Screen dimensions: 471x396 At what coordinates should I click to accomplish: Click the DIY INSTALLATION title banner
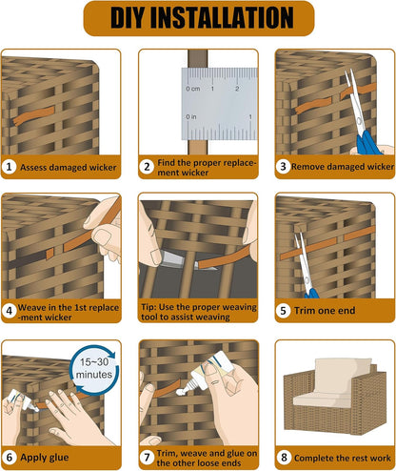pos(198,17)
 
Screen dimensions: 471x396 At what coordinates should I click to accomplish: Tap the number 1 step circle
pos(10,167)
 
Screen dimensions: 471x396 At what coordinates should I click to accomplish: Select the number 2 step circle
pos(147,167)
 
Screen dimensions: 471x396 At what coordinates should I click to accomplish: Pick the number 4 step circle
pos(10,310)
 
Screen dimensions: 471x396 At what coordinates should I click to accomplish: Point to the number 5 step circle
pos(283,310)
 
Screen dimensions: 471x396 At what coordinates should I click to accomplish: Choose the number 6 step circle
pos(10,455)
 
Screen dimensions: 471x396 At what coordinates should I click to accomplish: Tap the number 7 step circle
pos(147,455)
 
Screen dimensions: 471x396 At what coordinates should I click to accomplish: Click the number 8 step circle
pos(283,455)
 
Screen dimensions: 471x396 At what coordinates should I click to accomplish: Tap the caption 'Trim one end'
pos(328,310)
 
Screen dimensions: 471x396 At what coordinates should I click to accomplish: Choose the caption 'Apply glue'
pos(48,455)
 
